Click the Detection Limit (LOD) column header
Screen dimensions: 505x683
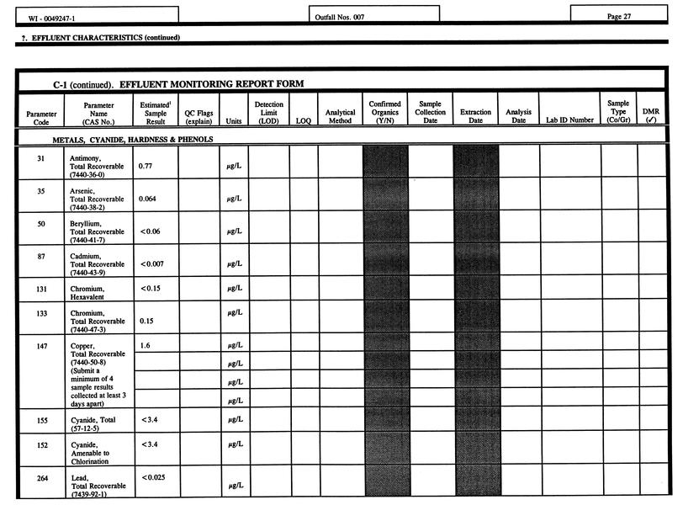268,113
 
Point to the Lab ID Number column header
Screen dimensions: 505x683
569,120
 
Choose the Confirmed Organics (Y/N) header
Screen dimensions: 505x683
384,113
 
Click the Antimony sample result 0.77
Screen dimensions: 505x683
147,166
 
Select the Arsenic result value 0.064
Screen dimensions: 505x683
150,199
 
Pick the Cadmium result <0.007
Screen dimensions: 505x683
152,264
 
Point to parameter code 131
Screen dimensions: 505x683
41,288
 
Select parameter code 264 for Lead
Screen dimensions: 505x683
41,478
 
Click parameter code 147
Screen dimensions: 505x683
41,345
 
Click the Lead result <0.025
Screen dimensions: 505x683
152,478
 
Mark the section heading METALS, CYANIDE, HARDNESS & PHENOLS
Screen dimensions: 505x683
133,140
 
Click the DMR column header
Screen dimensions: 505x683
650,115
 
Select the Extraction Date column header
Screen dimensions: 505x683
475,116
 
